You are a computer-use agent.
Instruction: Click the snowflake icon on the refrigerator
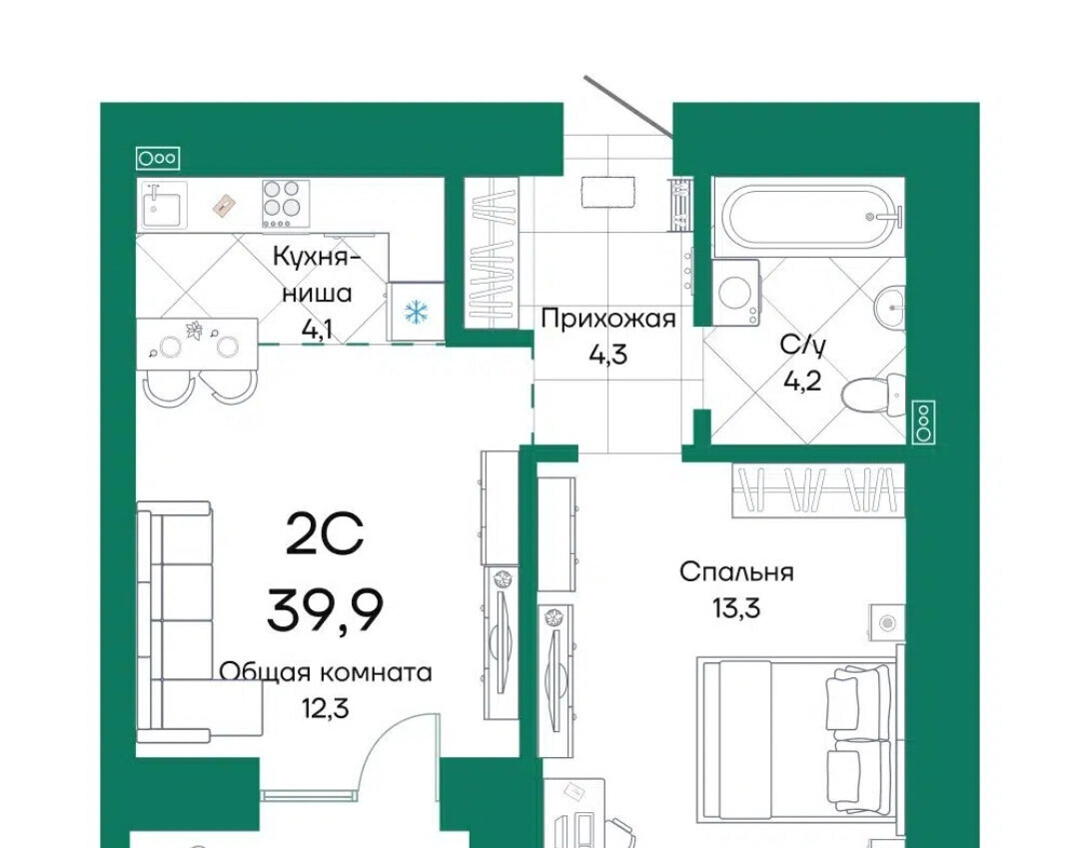pyautogui.click(x=416, y=313)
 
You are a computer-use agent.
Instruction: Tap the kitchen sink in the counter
pyautogui.click(x=164, y=205)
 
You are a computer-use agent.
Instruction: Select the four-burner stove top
pyautogui.click(x=286, y=204)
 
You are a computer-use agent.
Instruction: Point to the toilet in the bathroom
pyautogui.click(x=874, y=396)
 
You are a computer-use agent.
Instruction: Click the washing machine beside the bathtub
pyautogui.click(x=736, y=293)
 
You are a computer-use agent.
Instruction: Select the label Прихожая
pyautogui.click(x=608, y=319)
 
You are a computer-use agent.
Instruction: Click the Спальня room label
pyautogui.click(x=736, y=571)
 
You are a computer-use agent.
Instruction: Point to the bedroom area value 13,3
pyautogui.click(x=736, y=608)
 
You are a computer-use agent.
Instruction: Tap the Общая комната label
pyautogui.click(x=326, y=672)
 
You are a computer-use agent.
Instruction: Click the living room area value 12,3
pyautogui.click(x=326, y=708)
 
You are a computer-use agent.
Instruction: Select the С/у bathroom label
pyautogui.click(x=801, y=345)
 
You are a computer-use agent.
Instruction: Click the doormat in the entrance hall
pyautogui.click(x=607, y=193)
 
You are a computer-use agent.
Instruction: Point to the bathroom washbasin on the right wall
pyautogui.click(x=890, y=307)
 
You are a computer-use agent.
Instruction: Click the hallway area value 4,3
pyautogui.click(x=608, y=355)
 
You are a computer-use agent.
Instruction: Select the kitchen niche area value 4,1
pyautogui.click(x=318, y=331)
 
